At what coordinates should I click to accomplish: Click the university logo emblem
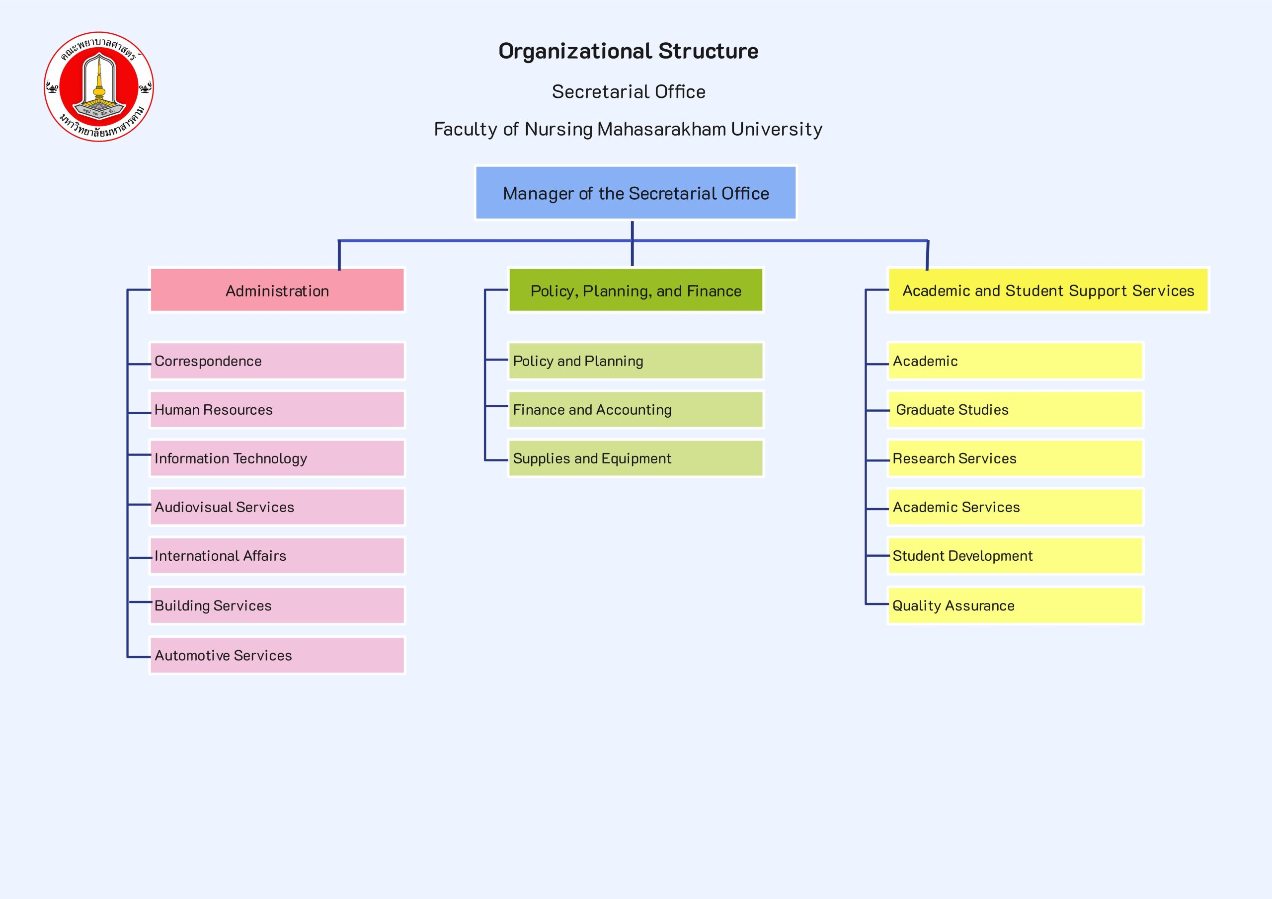click(x=98, y=86)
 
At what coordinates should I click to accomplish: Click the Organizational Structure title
click(x=628, y=51)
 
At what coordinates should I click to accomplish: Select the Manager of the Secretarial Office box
click(x=636, y=193)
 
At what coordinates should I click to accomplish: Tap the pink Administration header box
click(x=277, y=290)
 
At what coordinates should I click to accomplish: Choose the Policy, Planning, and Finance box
click(x=636, y=290)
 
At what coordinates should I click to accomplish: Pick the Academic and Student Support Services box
click(x=1047, y=290)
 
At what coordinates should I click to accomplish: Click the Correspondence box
click(x=277, y=361)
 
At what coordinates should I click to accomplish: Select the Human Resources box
click(x=277, y=410)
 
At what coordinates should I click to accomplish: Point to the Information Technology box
click(x=277, y=458)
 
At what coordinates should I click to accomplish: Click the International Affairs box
click(x=277, y=556)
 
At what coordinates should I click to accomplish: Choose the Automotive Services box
click(x=277, y=655)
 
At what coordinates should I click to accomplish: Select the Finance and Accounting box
click(x=636, y=410)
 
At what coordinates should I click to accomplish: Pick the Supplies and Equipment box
click(x=636, y=458)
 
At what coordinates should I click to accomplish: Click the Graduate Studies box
click(x=1015, y=410)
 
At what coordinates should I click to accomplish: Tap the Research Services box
click(x=1015, y=458)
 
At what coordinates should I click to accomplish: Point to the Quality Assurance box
click(x=1015, y=605)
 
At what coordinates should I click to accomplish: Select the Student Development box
click(x=1015, y=556)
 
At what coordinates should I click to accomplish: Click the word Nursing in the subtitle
click(x=558, y=129)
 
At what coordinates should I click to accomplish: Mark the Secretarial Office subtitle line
click(x=628, y=92)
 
